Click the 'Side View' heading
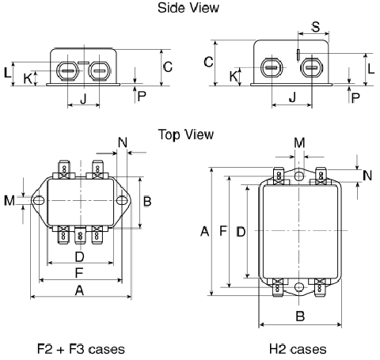pos(188,8)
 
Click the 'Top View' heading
pos(186,135)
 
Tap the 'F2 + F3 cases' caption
pos(81,349)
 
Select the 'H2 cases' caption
pos(298,349)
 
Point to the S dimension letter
pos(316,27)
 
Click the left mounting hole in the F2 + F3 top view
pos(39,201)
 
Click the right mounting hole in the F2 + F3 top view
pos(122,200)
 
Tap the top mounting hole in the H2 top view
pos(299,176)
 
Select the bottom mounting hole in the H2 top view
pos(299,287)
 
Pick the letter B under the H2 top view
pos(300,316)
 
